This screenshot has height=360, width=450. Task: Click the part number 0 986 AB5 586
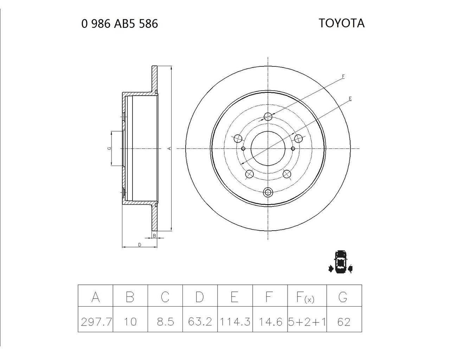click(120, 24)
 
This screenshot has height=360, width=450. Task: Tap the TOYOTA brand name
click(342, 23)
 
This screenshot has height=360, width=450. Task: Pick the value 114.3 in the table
click(235, 322)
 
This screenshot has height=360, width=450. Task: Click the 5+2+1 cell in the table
click(307, 322)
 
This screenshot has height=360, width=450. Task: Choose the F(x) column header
click(305, 297)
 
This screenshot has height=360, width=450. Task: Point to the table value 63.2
click(200, 322)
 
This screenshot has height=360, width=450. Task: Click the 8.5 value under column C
click(165, 322)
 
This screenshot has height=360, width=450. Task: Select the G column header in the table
click(343, 297)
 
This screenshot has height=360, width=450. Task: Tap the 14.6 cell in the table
click(270, 322)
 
